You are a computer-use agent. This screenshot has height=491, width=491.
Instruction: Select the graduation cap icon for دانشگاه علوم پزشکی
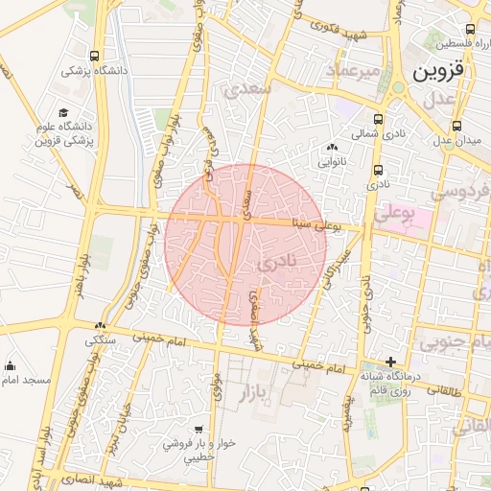(64, 112)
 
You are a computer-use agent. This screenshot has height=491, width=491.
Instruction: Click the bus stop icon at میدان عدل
(456, 125)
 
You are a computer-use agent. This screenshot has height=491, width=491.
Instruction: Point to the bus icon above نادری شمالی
(378, 120)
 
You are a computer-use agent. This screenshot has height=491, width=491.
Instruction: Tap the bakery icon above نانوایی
(332, 147)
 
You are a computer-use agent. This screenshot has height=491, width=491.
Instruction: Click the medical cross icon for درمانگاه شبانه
(389, 362)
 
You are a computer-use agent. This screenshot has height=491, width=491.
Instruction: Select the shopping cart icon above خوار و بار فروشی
(198, 430)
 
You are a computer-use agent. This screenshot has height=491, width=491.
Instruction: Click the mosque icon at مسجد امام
(11, 365)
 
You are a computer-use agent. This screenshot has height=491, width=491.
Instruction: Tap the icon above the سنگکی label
(101, 326)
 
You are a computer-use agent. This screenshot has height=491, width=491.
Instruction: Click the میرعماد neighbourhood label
(353, 71)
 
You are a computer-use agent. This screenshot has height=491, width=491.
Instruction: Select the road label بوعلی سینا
(327, 225)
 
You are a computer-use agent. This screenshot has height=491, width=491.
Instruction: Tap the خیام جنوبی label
(456, 341)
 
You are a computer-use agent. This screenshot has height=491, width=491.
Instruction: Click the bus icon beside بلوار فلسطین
(470, 31)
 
